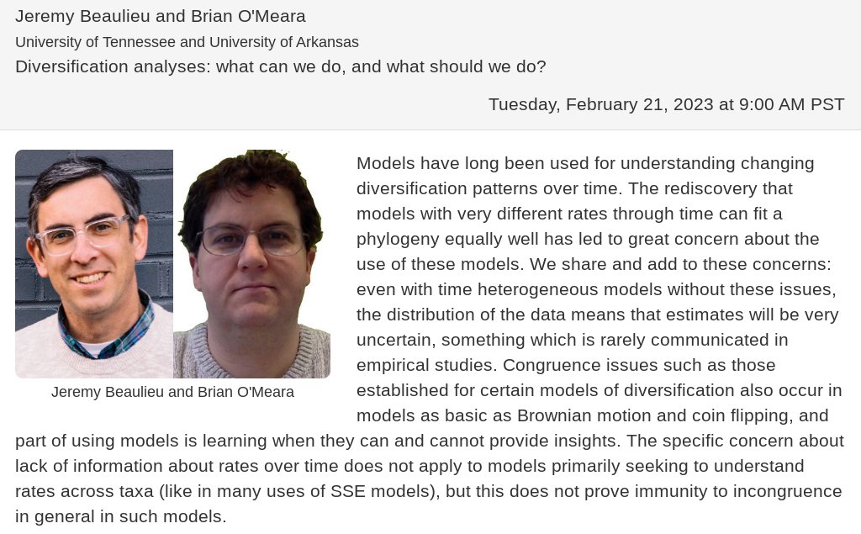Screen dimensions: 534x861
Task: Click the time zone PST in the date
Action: point(827,104)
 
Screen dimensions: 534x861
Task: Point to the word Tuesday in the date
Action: point(522,104)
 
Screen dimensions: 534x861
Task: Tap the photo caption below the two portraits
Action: point(172,392)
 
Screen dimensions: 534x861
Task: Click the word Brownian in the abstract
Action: point(555,415)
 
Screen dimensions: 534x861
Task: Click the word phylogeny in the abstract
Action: point(399,239)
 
